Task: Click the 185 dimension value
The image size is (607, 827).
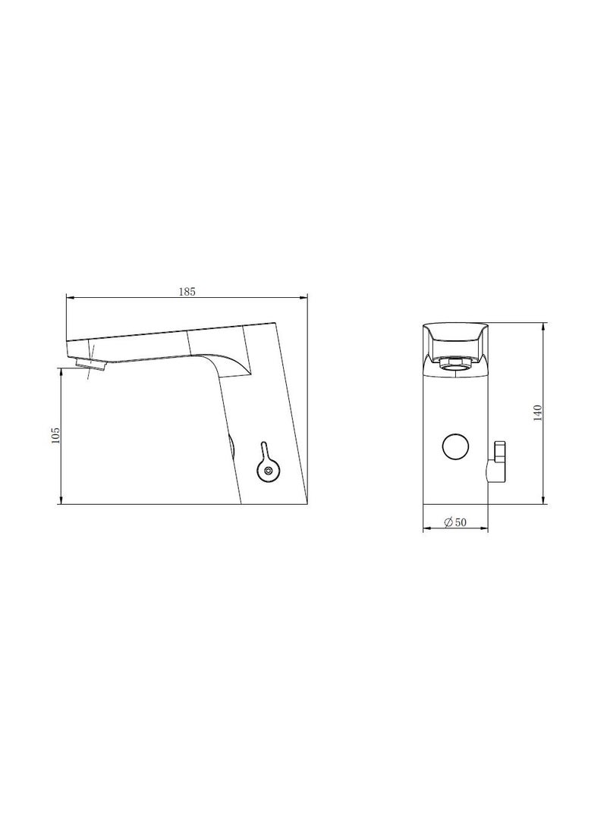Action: pyautogui.click(x=187, y=291)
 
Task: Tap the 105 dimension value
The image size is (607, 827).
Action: pyautogui.click(x=55, y=436)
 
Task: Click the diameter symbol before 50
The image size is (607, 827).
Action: pyautogui.click(x=448, y=522)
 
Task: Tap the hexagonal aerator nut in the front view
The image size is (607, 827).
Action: pyautogui.click(x=454, y=365)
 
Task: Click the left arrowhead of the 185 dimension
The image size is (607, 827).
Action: pyautogui.click(x=69, y=298)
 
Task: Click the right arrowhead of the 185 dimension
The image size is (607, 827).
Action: pyautogui.click(x=305, y=298)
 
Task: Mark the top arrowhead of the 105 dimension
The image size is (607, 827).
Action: pyautogui.click(x=61, y=371)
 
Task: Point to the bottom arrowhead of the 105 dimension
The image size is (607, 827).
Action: pyautogui.click(x=61, y=501)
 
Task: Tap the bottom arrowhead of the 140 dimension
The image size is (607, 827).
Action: pyautogui.click(x=544, y=501)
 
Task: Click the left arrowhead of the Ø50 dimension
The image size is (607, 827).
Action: pyautogui.click(x=426, y=528)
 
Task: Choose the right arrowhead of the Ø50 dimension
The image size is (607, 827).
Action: pyautogui.click(x=486, y=528)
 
